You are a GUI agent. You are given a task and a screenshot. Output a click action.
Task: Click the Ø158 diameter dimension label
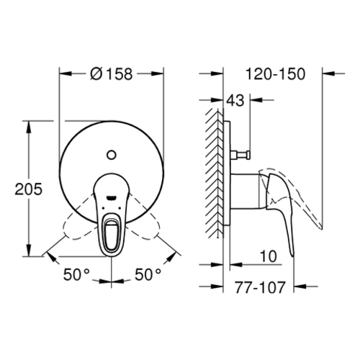[112, 74]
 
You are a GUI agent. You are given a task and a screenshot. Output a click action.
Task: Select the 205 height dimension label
[28, 189]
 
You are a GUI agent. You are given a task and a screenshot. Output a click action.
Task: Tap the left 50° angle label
[76, 274]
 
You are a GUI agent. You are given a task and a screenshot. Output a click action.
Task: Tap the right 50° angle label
[148, 274]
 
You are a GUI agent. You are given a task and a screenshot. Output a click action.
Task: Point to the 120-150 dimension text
[275, 74]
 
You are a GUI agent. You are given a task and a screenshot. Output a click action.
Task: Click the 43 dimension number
[235, 100]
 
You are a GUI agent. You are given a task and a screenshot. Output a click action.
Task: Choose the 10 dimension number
[268, 256]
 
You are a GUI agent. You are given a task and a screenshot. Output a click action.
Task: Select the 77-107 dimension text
[260, 287]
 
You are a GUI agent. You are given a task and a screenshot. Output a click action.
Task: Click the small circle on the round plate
[111, 155]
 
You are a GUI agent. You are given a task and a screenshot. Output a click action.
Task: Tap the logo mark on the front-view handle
[111, 198]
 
